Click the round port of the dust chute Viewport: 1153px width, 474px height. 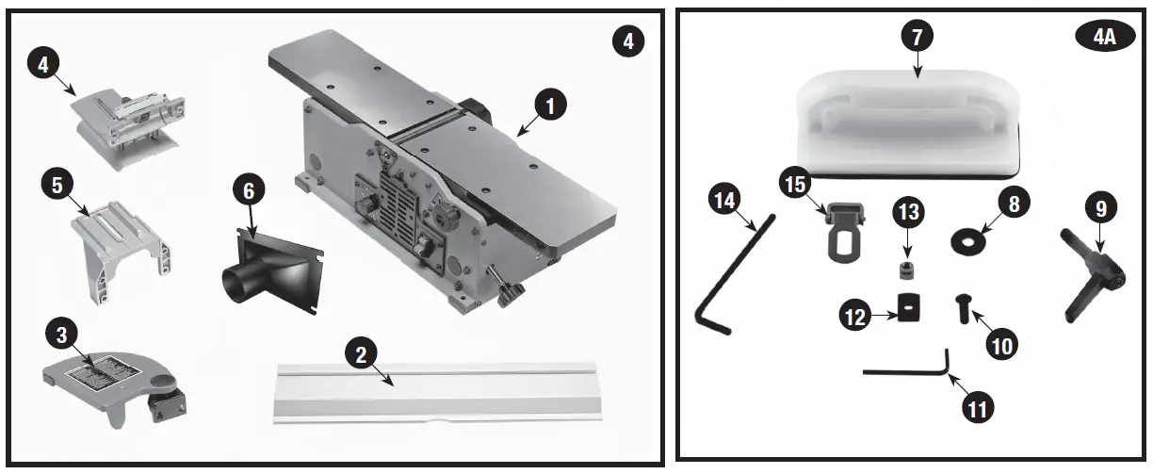(233, 281)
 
